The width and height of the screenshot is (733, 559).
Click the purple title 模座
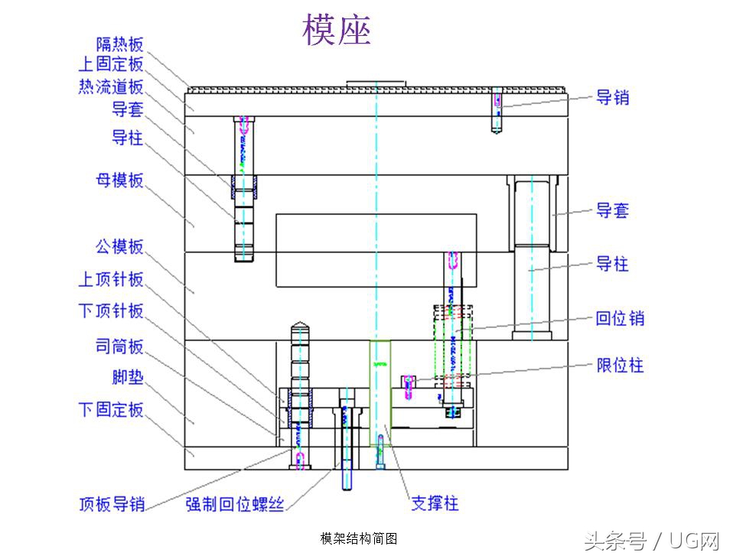coord(337,31)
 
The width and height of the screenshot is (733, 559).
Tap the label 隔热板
coord(120,45)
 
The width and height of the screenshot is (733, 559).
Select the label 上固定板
coord(111,65)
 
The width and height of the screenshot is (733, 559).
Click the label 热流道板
coord(111,86)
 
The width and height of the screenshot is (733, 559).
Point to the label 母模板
coord(119,181)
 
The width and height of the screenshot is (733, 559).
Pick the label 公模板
coord(119,246)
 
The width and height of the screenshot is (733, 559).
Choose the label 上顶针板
coord(111,279)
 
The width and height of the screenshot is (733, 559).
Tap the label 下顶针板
coord(111,310)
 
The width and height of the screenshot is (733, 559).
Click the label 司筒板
coord(119,346)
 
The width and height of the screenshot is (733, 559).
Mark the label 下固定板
coord(111,410)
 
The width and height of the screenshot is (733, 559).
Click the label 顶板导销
coord(112,504)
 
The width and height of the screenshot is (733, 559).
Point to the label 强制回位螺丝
coord(235,504)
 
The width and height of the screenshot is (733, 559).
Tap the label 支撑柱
coord(435,503)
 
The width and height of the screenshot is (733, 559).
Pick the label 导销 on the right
coord(613,98)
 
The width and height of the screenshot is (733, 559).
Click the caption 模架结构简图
coord(359,539)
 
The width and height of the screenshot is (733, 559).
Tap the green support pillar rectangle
coord(380,394)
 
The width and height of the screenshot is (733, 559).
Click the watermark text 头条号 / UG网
coord(652,541)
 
